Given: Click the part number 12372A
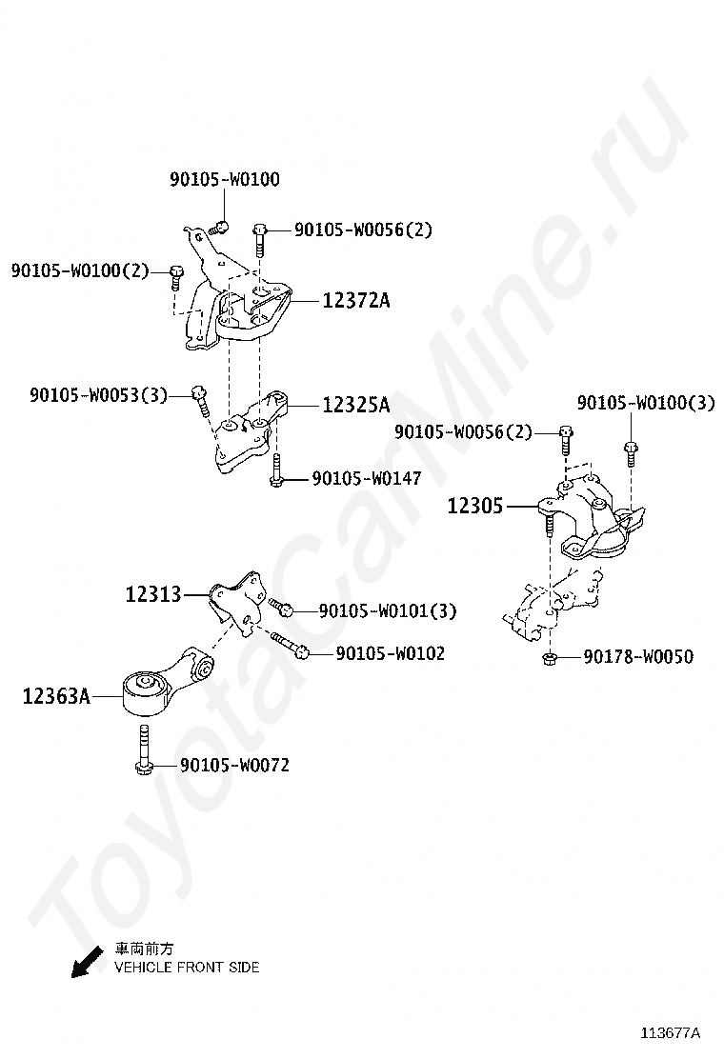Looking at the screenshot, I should pos(356,301).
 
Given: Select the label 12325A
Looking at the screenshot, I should pos(355,406).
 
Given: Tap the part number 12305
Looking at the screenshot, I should pos(474,506).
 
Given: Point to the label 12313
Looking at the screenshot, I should pos(152,595).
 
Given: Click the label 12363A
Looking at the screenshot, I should pos(56,697).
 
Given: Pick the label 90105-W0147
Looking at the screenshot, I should pos(366,479).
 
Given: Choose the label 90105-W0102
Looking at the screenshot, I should pos(390,653).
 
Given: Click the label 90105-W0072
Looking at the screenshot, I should pos(234,765).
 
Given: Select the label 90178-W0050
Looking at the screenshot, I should pos(638,657).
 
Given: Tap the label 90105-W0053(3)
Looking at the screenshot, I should pos(98,394).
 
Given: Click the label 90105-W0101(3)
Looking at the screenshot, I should pos(388,610).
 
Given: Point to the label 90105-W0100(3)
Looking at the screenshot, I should pos(645,403).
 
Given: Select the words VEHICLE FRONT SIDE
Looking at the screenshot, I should pos(187,968).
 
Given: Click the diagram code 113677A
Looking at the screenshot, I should pos(670,1033).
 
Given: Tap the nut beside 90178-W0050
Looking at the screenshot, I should pos(550,658).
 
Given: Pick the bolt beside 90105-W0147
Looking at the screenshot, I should pos(275,471).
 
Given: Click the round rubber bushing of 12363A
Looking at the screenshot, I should pos(146,684).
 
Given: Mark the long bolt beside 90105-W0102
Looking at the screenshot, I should pos(288,646).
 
